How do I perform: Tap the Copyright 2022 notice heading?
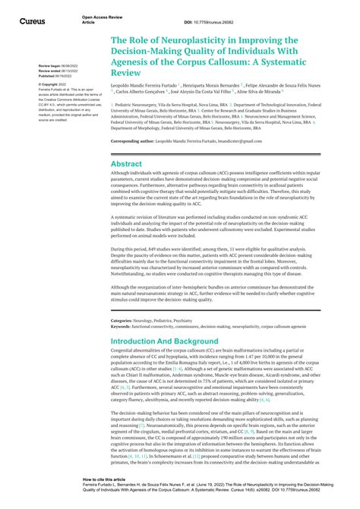pyautogui.click(x=54, y=84)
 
